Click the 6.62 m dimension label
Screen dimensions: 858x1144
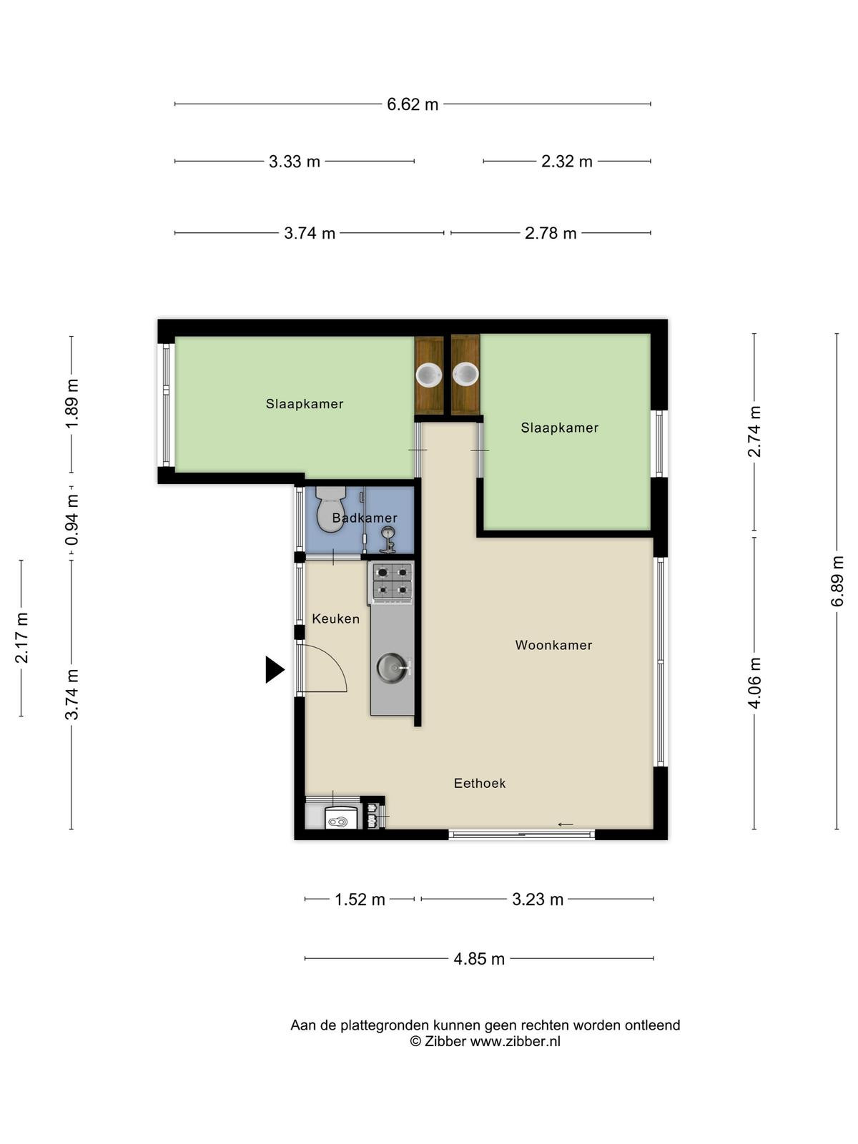[x=412, y=104]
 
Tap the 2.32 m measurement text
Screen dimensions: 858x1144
[x=567, y=162]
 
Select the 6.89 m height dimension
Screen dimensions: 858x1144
[x=837, y=581]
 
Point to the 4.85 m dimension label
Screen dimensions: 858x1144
[x=479, y=959]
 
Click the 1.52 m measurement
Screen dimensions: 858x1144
[x=360, y=899]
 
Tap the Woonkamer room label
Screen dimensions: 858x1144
[x=553, y=645]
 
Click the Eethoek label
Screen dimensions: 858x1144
[x=479, y=784]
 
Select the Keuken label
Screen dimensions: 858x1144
[x=335, y=618]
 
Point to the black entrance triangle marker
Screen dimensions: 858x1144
[x=275, y=669]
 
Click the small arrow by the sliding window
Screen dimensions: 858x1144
[x=566, y=824]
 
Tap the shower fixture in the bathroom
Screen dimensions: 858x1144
[x=388, y=540]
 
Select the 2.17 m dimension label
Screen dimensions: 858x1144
[x=21, y=638]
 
